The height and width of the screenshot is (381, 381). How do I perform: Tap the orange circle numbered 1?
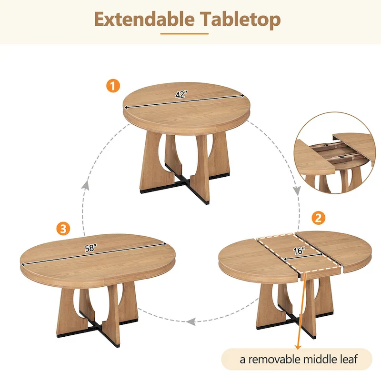tap(112, 86)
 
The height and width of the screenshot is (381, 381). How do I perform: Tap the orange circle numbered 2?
tap(319, 219)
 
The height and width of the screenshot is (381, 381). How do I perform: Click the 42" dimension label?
tap(180, 94)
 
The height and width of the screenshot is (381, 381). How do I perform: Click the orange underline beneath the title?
tap(184, 34)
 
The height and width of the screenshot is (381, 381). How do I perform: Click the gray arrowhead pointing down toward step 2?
tap(296, 191)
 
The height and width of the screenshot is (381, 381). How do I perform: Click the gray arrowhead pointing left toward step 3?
tap(191, 322)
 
